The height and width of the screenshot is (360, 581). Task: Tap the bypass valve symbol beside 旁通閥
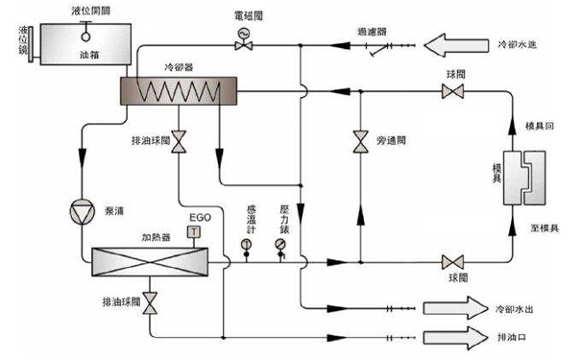(x=359, y=141)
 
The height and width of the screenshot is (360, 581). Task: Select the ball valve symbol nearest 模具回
(x=448, y=92)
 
